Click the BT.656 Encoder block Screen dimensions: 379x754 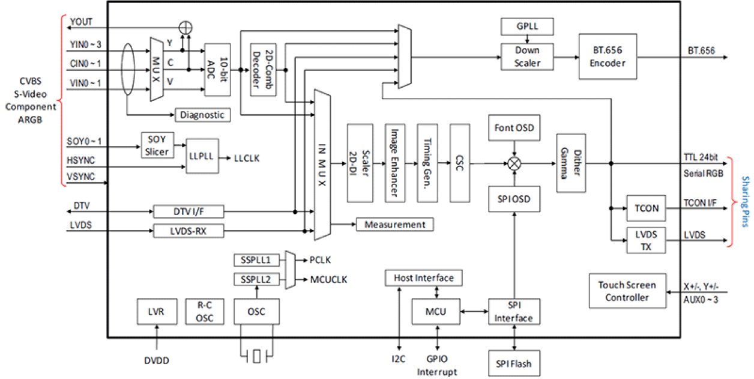607,57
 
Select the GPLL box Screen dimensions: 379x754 526,27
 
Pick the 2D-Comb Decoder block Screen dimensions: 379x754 262,70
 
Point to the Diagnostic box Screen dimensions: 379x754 202,115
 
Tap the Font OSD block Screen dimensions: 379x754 513,128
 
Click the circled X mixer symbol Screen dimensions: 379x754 513,163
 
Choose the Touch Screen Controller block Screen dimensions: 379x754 627,291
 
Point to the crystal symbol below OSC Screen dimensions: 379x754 256,356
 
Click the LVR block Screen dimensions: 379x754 156,312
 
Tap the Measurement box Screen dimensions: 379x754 394,225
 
